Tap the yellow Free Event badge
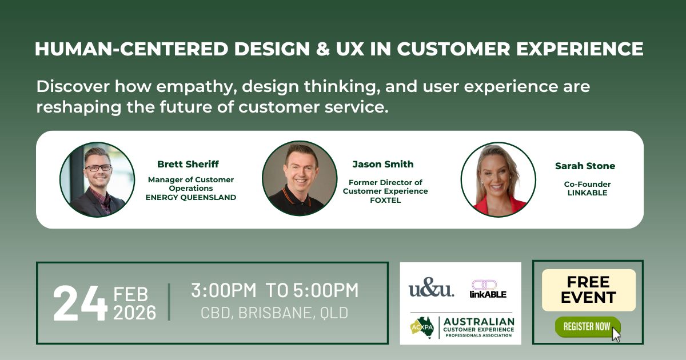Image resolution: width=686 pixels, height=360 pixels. (x=589, y=290)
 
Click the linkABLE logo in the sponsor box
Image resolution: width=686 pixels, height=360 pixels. (x=488, y=289)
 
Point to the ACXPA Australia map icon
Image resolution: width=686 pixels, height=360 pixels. (x=422, y=327)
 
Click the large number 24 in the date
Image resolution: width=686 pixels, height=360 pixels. (x=80, y=303)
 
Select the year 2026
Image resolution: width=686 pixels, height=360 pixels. (x=135, y=313)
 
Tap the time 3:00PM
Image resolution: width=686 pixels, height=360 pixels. (x=224, y=290)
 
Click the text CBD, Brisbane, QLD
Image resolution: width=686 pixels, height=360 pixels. (x=274, y=313)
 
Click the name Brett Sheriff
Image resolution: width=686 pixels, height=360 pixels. (x=188, y=164)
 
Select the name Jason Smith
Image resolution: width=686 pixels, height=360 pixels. (x=383, y=164)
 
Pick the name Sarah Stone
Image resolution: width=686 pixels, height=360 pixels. (x=585, y=166)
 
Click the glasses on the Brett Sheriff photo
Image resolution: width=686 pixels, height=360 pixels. (x=98, y=168)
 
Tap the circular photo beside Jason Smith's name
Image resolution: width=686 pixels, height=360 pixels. (x=300, y=178)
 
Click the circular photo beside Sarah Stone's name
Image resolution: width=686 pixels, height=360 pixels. (x=498, y=179)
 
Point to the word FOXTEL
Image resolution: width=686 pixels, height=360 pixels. (x=385, y=200)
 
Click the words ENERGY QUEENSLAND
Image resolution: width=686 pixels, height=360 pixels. (x=191, y=198)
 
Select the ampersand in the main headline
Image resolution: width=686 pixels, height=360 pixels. (x=323, y=49)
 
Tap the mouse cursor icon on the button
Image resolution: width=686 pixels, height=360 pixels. (x=616, y=334)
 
